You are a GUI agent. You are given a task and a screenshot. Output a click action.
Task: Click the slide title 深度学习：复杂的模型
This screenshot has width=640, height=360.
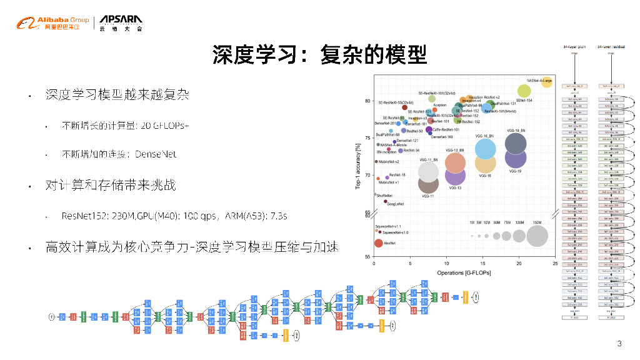tap(319, 56)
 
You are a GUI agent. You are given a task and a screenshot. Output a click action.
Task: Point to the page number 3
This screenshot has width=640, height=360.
tap(619, 343)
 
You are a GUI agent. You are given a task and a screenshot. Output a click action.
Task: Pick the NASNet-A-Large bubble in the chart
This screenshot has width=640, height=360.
tap(547, 82)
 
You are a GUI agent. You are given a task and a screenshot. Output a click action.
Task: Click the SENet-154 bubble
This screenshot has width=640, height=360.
tap(524, 91)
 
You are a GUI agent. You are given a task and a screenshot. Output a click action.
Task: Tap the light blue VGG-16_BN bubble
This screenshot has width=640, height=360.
tap(486, 148)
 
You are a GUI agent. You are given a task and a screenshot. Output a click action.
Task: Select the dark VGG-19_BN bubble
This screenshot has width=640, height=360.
tap(516, 144)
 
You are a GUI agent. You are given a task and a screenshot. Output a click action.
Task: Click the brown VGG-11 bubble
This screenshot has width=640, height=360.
tap(428, 182)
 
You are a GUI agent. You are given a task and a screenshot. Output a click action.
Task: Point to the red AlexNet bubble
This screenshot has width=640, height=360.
tap(378, 243)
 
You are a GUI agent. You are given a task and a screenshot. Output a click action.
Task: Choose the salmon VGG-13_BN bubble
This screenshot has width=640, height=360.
tap(456, 162)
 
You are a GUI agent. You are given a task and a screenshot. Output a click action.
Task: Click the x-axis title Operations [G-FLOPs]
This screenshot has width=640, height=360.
tap(463, 273)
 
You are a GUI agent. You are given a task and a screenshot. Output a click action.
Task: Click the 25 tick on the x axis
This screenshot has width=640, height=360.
tap(556, 264)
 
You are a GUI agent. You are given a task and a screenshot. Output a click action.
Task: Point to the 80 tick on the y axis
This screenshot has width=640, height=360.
tap(367, 101)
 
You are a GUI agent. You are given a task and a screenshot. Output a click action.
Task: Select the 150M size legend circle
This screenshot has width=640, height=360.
tap(537, 236)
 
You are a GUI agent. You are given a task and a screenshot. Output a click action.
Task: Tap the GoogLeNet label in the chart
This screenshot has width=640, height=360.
tap(395, 204)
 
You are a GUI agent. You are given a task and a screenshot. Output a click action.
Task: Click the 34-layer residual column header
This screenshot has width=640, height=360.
tap(611, 46)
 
